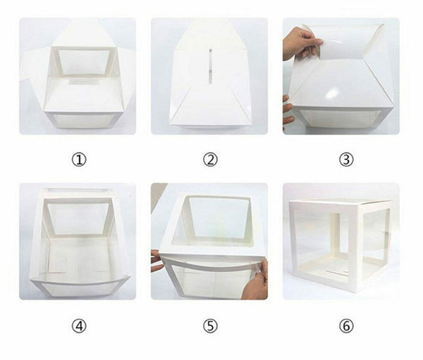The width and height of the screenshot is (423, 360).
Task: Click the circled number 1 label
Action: pos(78,159)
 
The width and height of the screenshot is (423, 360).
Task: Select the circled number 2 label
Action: pos(210,159)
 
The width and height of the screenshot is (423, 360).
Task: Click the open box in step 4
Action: pos(78,243)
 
